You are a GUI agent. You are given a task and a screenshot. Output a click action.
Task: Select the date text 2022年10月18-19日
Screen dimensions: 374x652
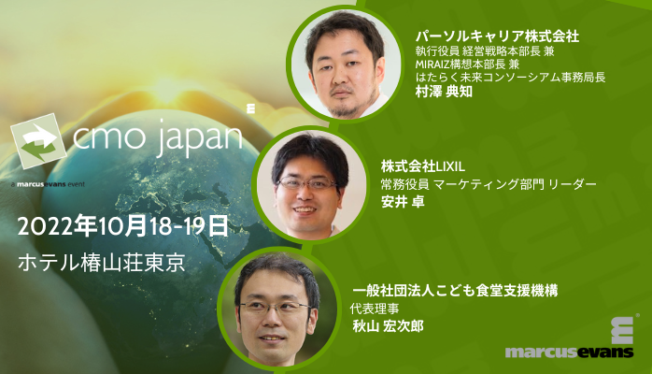[x=122, y=224]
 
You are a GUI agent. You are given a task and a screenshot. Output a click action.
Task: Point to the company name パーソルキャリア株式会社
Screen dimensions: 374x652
[x=498, y=36]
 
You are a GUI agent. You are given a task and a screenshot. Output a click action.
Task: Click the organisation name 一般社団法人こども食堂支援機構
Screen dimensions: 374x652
[x=454, y=291]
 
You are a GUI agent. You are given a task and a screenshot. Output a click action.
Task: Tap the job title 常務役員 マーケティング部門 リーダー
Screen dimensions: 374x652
[x=488, y=181]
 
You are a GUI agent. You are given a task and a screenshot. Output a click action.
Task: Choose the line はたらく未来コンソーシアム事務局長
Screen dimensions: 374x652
[x=510, y=78]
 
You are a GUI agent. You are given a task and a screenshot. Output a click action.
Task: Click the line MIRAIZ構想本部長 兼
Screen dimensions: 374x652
[x=469, y=64]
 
